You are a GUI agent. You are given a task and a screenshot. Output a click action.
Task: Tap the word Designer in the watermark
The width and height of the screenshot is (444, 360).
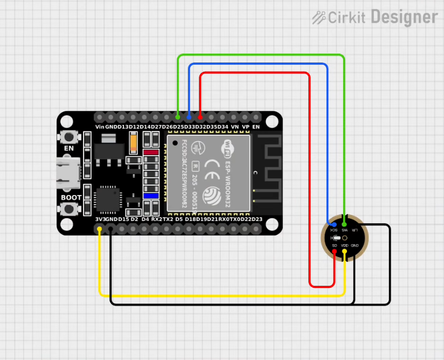click(404, 17)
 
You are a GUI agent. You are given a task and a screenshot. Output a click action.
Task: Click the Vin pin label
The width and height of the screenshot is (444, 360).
click(100, 127)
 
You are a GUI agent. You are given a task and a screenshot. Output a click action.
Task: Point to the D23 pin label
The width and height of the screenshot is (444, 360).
click(257, 219)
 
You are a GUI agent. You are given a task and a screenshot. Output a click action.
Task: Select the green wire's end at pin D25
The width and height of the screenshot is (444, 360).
click(178, 116)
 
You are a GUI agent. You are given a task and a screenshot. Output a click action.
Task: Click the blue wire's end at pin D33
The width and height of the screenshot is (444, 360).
click(189, 116)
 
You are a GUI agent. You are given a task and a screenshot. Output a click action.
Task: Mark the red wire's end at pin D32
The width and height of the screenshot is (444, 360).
click(200, 116)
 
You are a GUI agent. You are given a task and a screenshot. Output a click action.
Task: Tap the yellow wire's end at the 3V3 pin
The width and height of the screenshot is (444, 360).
click(100, 230)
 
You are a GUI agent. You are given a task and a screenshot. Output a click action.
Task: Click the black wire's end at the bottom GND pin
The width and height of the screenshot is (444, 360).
click(110, 230)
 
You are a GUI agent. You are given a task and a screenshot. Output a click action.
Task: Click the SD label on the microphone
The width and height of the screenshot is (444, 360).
click(335, 246)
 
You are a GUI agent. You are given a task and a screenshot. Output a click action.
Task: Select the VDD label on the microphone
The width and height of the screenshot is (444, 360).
click(344, 246)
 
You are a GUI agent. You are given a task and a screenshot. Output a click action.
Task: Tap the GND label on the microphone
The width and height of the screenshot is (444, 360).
click(355, 246)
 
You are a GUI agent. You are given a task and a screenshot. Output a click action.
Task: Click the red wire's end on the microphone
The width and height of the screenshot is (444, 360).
click(335, 251)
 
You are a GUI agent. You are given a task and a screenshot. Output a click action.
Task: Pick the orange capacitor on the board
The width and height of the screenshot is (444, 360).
click(133, 143)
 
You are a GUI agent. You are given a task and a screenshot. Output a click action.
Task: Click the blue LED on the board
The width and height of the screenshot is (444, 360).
click(151, 196)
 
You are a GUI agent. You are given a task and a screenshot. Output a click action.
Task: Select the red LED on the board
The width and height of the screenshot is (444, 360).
click(151, 153)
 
